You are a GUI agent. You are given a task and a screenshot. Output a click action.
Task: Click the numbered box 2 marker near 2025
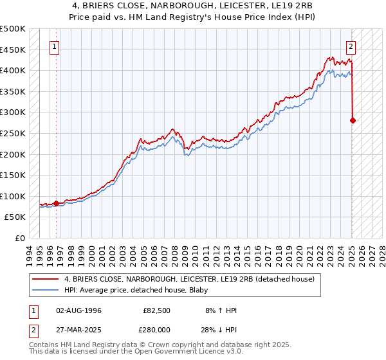click(x=351, y=46)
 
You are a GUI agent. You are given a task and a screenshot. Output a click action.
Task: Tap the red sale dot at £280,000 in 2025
click(x=353, y=120)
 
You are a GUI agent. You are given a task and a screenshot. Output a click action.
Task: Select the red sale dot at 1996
click(x=56, y=203)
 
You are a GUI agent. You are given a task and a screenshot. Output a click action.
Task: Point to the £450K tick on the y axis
click(x=14, y=50)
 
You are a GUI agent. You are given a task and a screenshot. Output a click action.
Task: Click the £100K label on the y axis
click(x=14, y=196)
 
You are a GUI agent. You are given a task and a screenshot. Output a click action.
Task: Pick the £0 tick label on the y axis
click(x=20, y=238)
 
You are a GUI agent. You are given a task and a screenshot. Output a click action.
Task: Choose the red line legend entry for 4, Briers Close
click(x=189, y=279)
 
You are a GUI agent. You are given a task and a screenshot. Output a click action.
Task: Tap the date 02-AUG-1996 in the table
click(x=78, y=310)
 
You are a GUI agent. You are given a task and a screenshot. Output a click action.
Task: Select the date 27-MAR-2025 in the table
click(x=78, y=328)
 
